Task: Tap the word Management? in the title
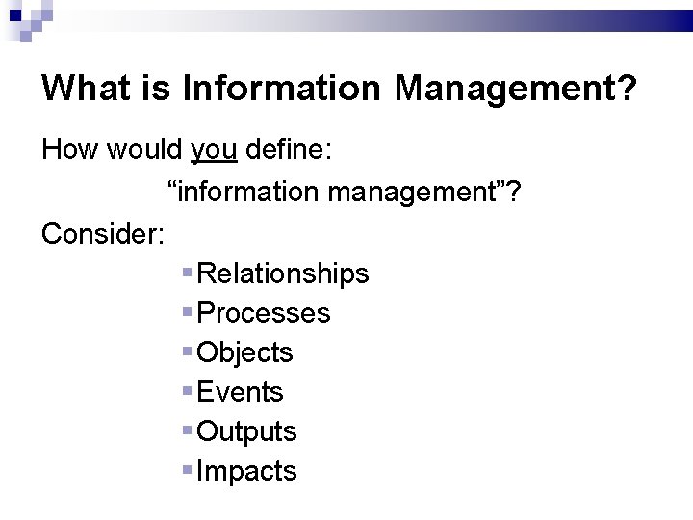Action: coord(515,90)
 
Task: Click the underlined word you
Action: coord(215,150)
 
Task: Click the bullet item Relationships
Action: coord(282,273)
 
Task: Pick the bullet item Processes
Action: coord(263,313)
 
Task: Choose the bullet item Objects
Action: coord(244,352)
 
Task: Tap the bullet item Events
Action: coord(240,392)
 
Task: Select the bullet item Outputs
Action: coord(246,431)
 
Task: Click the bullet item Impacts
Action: coord(246,471)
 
